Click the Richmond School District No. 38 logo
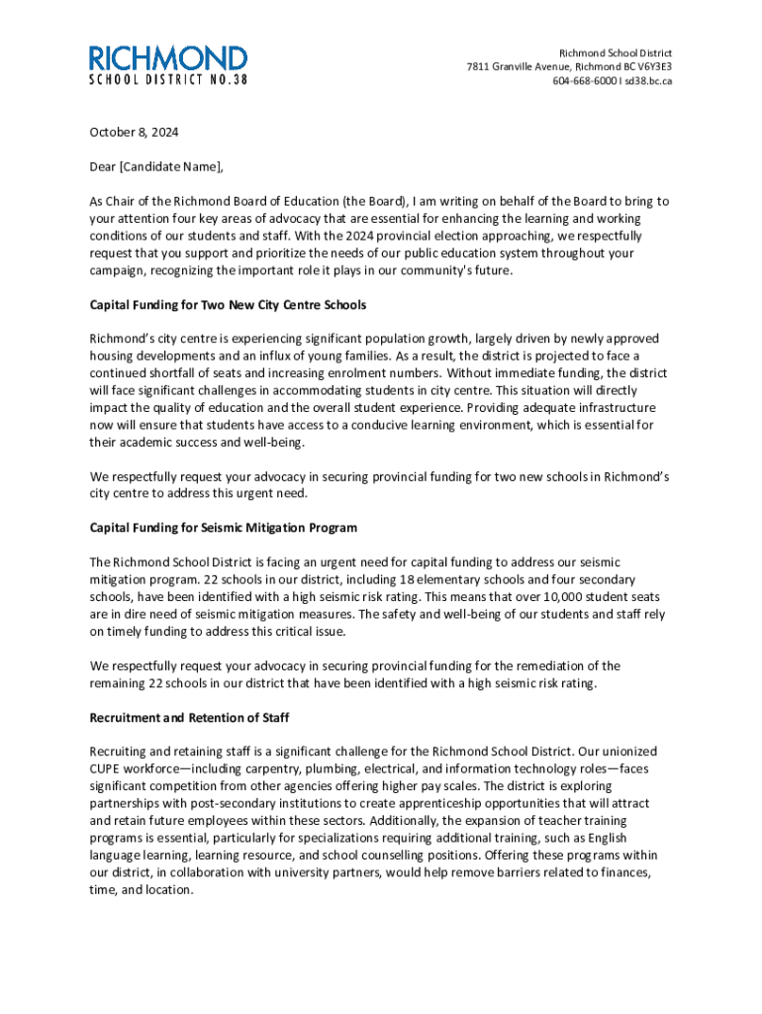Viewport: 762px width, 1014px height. click(168, 63)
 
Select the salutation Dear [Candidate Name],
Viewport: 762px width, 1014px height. click(149, 166)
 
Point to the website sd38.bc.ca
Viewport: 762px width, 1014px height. click(647, 81)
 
